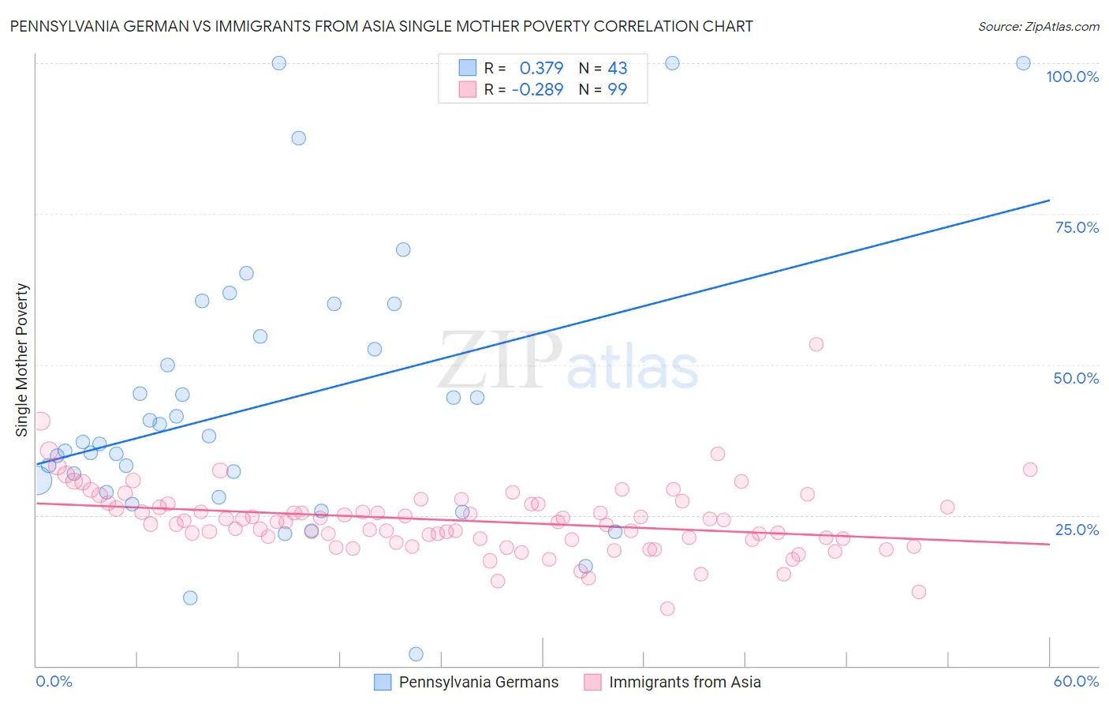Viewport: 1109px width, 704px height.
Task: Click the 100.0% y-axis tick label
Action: pyautogui.click(x=1072, y=77)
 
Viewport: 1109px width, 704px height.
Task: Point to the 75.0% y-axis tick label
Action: pyautogui.click(x=1077, y=227)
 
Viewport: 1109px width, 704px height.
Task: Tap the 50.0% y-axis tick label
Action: pyautogui.click(x=1076, y=378)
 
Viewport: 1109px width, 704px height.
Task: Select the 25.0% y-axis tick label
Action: pyautogui.click(x=1077, y=530)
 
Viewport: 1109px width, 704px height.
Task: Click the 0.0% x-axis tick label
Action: pyautogui.click(x=54, y=681)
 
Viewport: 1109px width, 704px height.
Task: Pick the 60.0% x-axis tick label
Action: pyautogui.click(x=1076, y=681)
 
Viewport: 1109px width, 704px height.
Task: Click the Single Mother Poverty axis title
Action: pyautogui.click(x=22, y=360)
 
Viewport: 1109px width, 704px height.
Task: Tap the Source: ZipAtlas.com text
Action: pyautogui.click(x=1038, y=26)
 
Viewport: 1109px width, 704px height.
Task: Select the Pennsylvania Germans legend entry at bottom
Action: pyautogui.click(x=478, y=682)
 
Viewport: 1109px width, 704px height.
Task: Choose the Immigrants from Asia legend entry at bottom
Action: pyautogui.click(x=685, y=682)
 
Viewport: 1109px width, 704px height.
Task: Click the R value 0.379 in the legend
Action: pyautogui.click(x=541, y=68)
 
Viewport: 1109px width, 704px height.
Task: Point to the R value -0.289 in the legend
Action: pyautogui.click(x=537, y=89)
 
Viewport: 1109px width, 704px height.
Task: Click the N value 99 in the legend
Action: pyautogui.click(x=617, y=89)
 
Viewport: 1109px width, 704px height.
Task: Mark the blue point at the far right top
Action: pyautogui.click(x=1023, y=63)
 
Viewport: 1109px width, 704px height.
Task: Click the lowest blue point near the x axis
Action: pyautogui.click(x=416, y=653)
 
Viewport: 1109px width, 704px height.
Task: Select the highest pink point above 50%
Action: pyautogui.click(x=816, y=344)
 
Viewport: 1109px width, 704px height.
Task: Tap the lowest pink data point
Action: pyautogui.click(x=667, y=609)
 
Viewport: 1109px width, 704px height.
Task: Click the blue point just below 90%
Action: pyautogui.click(x=298, y=138)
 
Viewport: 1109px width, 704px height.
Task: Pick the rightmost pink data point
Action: pyautogui.click(x=1030, y=470)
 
